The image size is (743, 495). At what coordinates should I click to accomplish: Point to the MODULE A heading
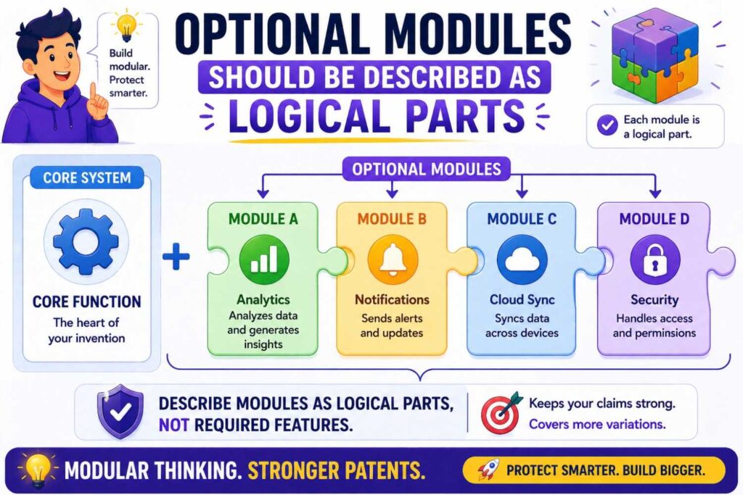coord(263,219)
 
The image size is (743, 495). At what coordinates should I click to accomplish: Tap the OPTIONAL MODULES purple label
coord(426,170)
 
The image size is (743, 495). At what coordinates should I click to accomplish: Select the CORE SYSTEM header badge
coord(86,178)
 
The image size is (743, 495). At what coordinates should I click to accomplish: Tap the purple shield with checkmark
coord(120,411)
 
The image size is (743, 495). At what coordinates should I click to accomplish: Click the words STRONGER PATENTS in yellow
coord(336,470)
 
